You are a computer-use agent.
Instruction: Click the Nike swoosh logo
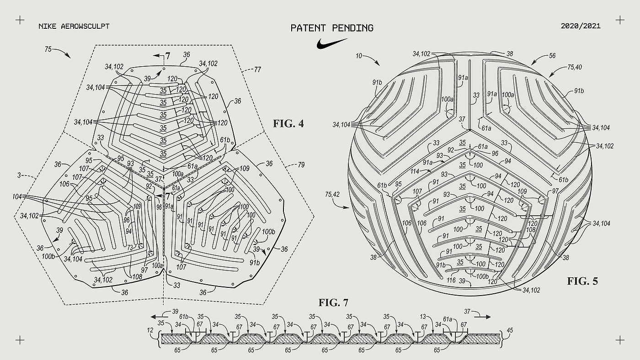coord(332,44)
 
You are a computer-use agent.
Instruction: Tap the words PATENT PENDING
coord(332,28)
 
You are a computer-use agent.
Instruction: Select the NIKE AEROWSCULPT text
coord(75,26)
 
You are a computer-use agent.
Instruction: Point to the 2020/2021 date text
coord(580,26)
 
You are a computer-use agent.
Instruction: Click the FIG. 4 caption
coord(288,123)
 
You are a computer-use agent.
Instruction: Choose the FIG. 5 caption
coord(582,281)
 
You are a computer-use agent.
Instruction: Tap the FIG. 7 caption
coord(334,302)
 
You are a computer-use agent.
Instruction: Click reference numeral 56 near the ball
coord(552,55)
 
